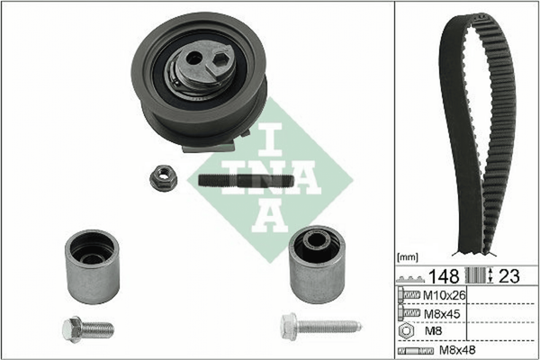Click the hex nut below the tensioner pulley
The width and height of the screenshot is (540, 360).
[x=164, y=178]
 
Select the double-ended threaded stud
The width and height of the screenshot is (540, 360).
[x=247, y=181]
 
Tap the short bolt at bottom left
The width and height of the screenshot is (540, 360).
[x=88, y=329]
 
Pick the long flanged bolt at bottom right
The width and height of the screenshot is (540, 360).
[x=321, y=326]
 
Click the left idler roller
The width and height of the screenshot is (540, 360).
[x=93, y=266]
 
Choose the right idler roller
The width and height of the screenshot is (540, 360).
[x=317, y=265]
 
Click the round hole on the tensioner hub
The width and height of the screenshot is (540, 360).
[x=194, y=59]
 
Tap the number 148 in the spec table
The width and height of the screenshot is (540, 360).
[x=444, y=276]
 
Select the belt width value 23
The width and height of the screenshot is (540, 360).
[x=509, y=276]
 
